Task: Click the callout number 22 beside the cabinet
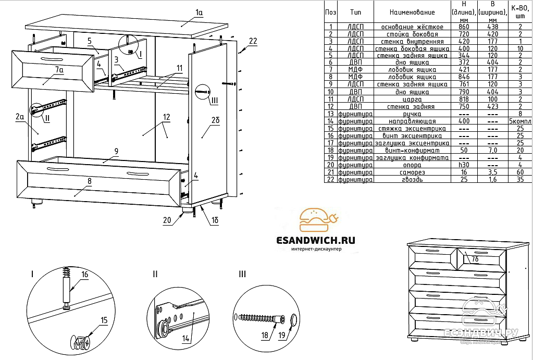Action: (x=253, y=41)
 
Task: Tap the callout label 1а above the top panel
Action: (x=199, y=12)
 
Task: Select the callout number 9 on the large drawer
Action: (x=116, y=152)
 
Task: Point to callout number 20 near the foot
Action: (x=167, y=220)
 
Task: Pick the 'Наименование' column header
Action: (x=412, y=12)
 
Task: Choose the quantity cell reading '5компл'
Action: (x=519, y=121)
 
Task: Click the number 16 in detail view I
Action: (x=84, y=274)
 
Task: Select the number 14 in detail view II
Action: (x=187, y=338)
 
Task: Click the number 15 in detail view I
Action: (x=104, y=320)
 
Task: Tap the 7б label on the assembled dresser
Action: (x=475, y=259)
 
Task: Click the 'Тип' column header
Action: (x=355, y=12)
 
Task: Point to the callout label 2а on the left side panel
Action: (x=20, y=118)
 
